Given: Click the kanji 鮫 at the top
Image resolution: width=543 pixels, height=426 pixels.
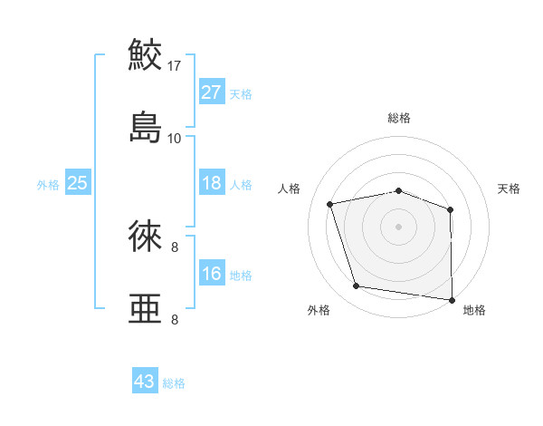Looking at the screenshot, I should point(145,56).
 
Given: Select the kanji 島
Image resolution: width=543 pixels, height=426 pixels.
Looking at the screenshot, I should point(145,126).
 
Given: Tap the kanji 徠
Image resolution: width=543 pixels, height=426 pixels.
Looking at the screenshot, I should point(145,237).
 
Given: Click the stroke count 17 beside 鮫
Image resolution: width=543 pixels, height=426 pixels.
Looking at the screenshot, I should point(175,66).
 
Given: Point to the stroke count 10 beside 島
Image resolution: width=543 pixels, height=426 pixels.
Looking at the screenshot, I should point(175,138).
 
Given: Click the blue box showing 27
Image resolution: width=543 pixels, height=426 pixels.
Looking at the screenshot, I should point(212,92).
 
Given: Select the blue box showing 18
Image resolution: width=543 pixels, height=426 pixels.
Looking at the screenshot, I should point(212,183).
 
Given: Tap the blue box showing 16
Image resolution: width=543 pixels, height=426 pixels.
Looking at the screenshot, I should point(212,274).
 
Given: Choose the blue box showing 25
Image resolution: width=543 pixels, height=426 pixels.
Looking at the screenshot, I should point(78,183).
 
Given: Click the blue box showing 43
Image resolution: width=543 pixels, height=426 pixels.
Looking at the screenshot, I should point(145,382).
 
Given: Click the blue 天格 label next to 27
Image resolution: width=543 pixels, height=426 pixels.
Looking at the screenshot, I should point(241,94).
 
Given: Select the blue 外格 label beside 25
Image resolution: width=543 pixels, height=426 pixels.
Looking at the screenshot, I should point(48,185).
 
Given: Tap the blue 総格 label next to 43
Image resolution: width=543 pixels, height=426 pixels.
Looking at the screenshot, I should point(174,383).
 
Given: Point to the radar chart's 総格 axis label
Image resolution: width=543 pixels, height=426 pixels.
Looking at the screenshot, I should point(399,118).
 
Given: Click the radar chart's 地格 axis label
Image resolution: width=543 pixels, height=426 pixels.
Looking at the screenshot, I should point(474,310).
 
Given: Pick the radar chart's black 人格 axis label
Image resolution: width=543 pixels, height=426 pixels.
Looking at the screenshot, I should point(290,189).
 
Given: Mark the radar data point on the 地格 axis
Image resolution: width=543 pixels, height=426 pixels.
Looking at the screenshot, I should point(452,299).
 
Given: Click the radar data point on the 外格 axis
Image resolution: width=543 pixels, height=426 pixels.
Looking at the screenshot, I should point(357,286).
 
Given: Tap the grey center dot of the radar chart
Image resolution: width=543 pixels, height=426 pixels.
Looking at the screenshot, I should point(399,226).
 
